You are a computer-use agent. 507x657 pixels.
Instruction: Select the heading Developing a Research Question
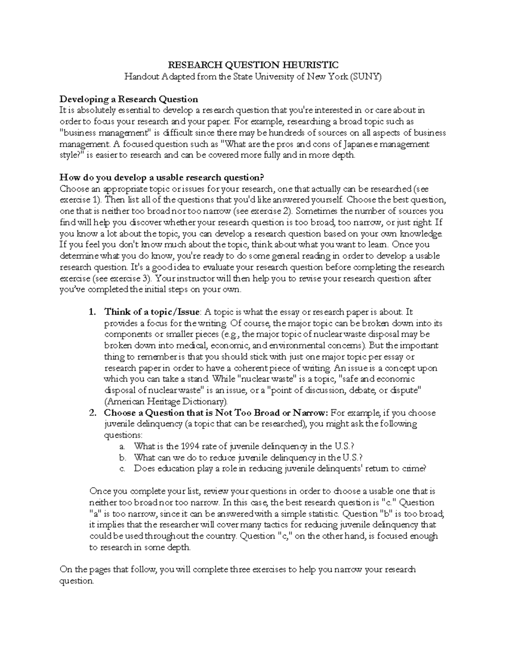[x=129, y=99]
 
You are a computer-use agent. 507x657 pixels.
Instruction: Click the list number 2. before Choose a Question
[x=93, y=413]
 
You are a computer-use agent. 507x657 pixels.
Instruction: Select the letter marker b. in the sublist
[x=123, y=457]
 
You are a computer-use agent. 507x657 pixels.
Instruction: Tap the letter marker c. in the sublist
[x=123, y=468]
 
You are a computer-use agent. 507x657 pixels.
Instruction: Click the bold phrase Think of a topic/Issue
[x=152, y=312]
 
